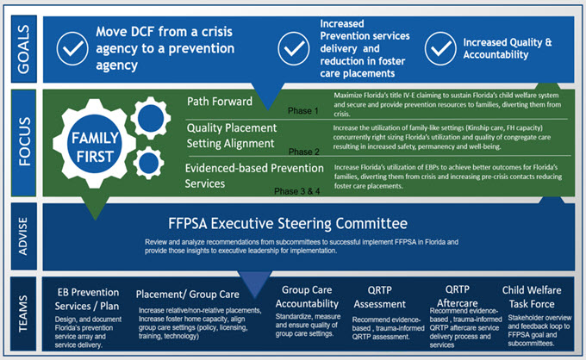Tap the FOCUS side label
[22, 142]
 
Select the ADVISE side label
[22, 233]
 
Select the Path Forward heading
[220, 102]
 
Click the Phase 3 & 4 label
[298, 189]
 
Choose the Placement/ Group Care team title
[186, 294]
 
